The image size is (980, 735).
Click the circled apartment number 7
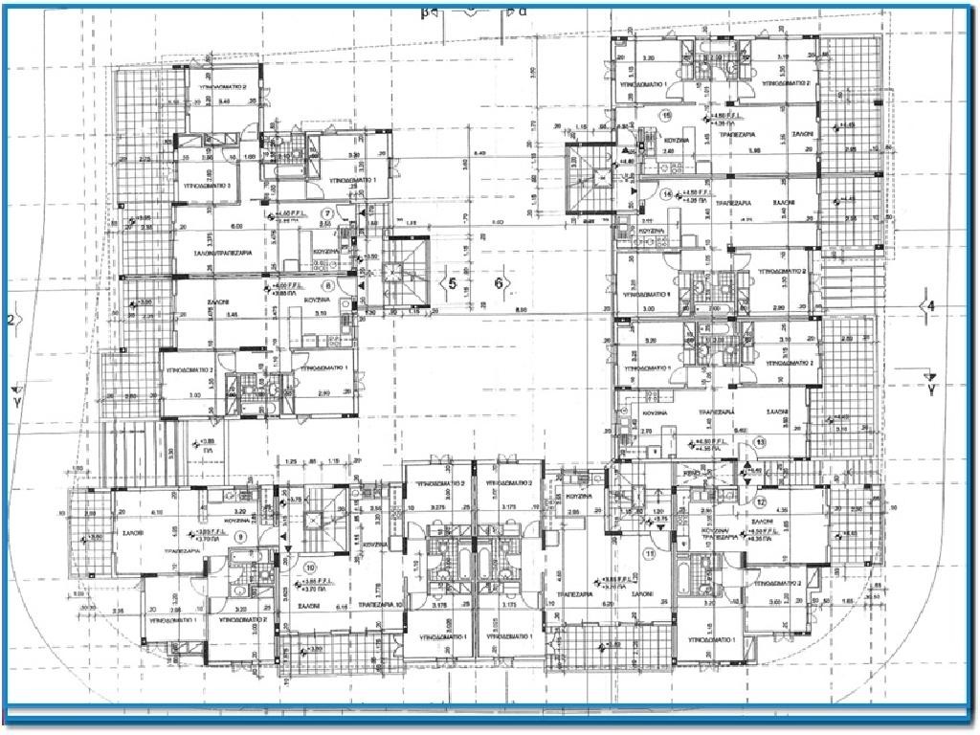[327, 213]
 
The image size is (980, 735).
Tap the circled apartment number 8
[327, 284]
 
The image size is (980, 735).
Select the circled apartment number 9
[240, 537]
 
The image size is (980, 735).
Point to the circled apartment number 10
[309, 567]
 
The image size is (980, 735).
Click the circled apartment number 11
[649, 553]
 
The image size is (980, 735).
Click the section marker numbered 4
[927, 305]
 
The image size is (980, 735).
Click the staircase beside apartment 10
[312, 522]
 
